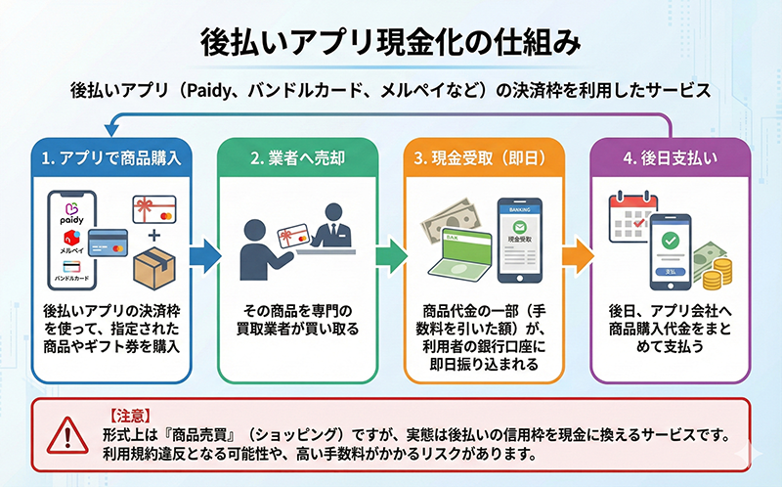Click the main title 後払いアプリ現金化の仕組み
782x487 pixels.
pyautogui.click(x=391, y=42)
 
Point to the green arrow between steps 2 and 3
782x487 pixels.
pyautogui.click(x=390, y=255)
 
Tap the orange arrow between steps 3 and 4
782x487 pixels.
pyautogui.click(x=579, y=255)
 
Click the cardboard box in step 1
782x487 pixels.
pyautogui.click(x=152, y=265)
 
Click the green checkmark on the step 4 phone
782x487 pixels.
pyautogui.click(x=672, y=240)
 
